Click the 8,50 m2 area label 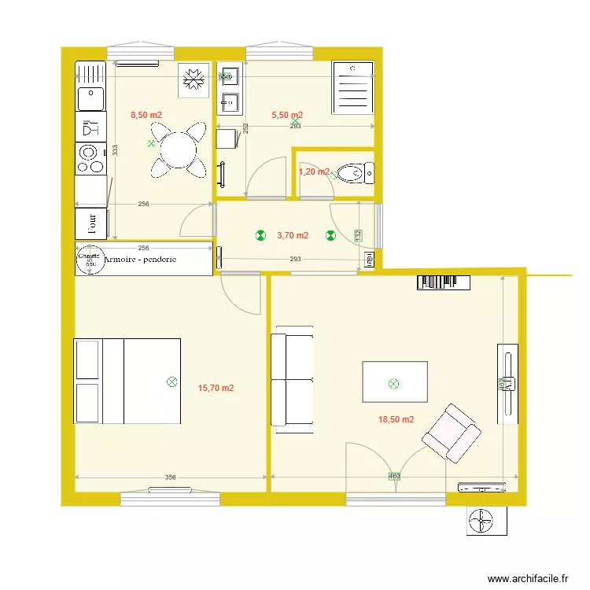click(x=146, y=115)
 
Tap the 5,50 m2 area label click(x=287, y=115)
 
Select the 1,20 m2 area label click(x=314, y=171)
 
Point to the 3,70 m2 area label click(x=293, y=235)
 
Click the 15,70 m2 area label click(x=216, y=388)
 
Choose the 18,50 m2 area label click(x=396, y=419)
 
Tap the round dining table click(x=179, y=149)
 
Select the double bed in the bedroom click(x=127, y=382)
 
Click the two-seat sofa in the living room click(x=291, y=379)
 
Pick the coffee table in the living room click(x=394, y=382)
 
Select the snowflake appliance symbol click(x=193, y=79)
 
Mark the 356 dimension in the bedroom click(x=171, y=477)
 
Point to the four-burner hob click(x=90, y=157)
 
